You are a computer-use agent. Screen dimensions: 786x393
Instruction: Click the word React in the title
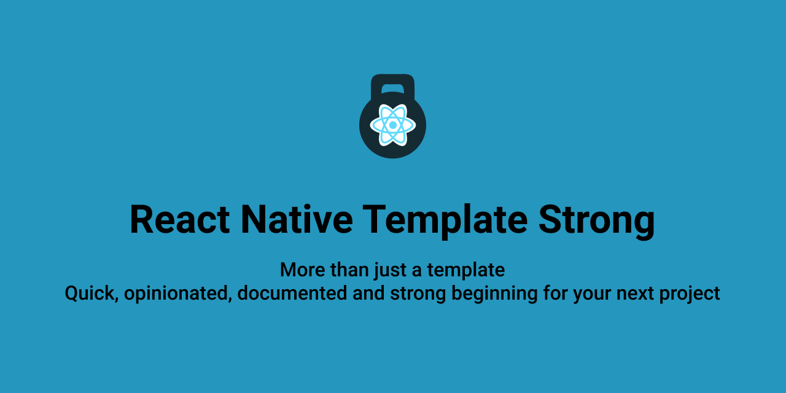[x=180, y=220]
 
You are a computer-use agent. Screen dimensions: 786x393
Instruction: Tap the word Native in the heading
[x=297, y=220]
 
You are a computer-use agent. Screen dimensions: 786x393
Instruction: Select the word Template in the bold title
[x=445, y=222]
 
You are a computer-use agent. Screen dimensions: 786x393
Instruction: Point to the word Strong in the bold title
[x=596, y=222]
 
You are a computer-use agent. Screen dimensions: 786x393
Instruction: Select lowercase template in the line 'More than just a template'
[x=466, y=271]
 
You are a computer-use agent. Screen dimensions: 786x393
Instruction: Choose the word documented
[x=292, y=293]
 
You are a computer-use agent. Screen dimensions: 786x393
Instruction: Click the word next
[x=635, y=294]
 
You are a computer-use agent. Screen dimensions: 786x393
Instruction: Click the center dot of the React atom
[x=392, y=125]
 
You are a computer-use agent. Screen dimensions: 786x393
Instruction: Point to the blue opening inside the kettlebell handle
[x=392, y=88]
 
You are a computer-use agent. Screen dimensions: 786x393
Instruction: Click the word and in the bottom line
[x=368, y=293]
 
